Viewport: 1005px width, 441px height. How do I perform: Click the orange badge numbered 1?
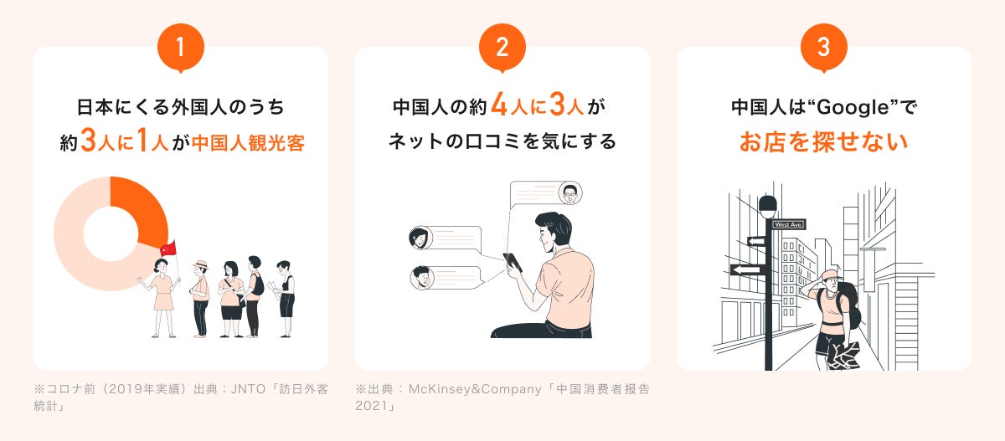(180, 48)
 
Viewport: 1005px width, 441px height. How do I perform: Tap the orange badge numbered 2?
(502, 48)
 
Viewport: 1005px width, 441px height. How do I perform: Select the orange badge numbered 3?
(823, 48)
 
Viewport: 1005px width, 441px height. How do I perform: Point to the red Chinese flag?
(167, 248)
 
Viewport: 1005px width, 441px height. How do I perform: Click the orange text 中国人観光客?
(248, 143)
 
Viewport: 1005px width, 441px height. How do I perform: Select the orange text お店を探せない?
(823, 141)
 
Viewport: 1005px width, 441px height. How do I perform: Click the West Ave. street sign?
(788, 224)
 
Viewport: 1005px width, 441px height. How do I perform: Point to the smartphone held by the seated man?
(512, 262)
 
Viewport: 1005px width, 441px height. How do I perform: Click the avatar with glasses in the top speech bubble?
(570, 193)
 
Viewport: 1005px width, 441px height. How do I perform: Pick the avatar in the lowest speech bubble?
(420, 277)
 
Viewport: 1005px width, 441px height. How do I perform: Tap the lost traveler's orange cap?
(829, 275)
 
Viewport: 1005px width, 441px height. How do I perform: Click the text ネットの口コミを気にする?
(502, 141)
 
